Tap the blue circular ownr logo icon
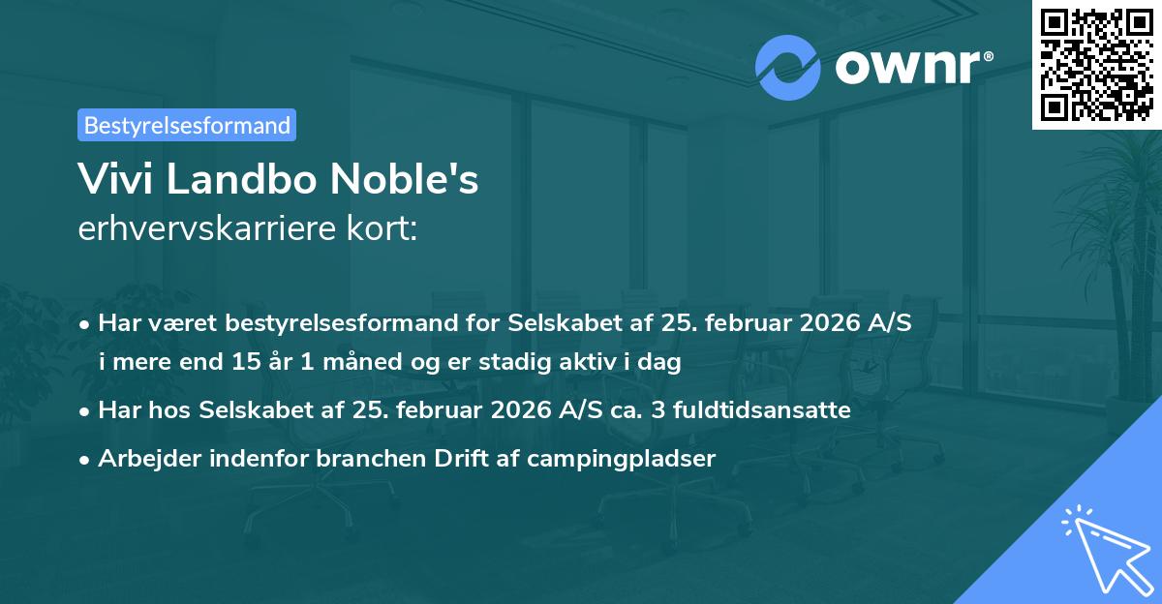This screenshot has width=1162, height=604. click(788, 68)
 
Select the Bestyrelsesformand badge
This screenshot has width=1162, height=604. click(187, 125)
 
